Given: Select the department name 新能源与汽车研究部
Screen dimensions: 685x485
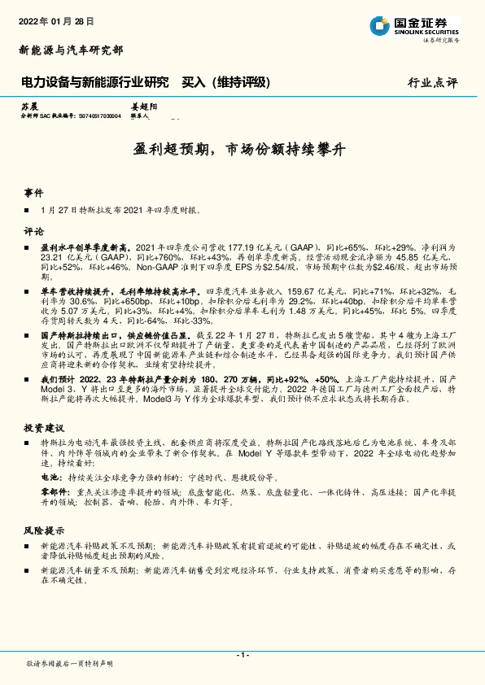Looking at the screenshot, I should click(71, 50).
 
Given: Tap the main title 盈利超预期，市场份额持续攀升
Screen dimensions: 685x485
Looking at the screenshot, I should click(241, 150).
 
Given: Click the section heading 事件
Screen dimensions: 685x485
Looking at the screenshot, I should click(33, 194).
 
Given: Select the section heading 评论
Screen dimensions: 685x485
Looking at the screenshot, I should click(33, 230).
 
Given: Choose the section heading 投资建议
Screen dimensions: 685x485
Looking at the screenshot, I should click(43, 426).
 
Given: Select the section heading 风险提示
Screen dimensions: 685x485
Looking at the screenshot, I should click(43, 530).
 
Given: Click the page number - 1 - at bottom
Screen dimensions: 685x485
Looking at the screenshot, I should click(242, 655).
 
